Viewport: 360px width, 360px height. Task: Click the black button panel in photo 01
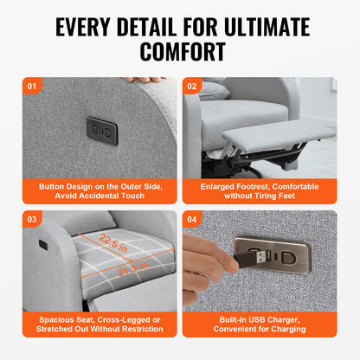click(x=102, y=131)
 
